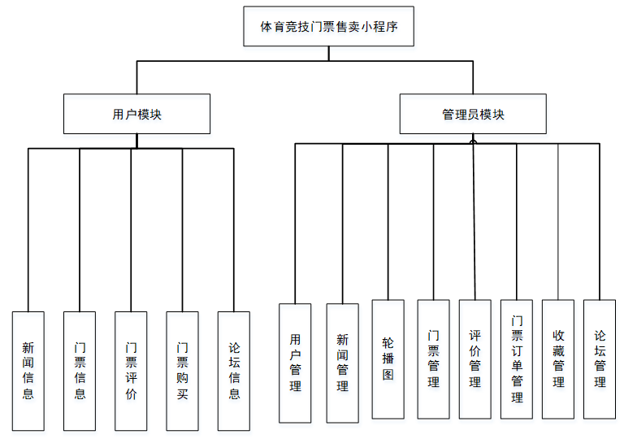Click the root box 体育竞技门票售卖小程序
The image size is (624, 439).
(328, 27)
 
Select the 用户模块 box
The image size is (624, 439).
(136, 114)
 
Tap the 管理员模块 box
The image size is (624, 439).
(473, 114)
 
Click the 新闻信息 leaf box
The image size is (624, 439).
(28, 371)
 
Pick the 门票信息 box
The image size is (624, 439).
(80, 371)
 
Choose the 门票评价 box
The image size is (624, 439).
(131, 371)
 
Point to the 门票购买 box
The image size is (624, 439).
(182, 371)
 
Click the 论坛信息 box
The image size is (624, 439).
(234, 371)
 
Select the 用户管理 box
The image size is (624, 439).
(295, 363)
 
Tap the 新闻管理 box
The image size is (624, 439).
(342, 363)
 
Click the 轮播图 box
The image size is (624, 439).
(388, 359)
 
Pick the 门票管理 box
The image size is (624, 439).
(433, 359)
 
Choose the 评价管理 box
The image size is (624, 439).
(474, 359)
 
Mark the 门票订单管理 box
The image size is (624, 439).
(517, 359)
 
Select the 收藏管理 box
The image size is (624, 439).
(558, 359)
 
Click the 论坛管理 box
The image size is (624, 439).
(600, 359)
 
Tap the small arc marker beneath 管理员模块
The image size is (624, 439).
(473, 141)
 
